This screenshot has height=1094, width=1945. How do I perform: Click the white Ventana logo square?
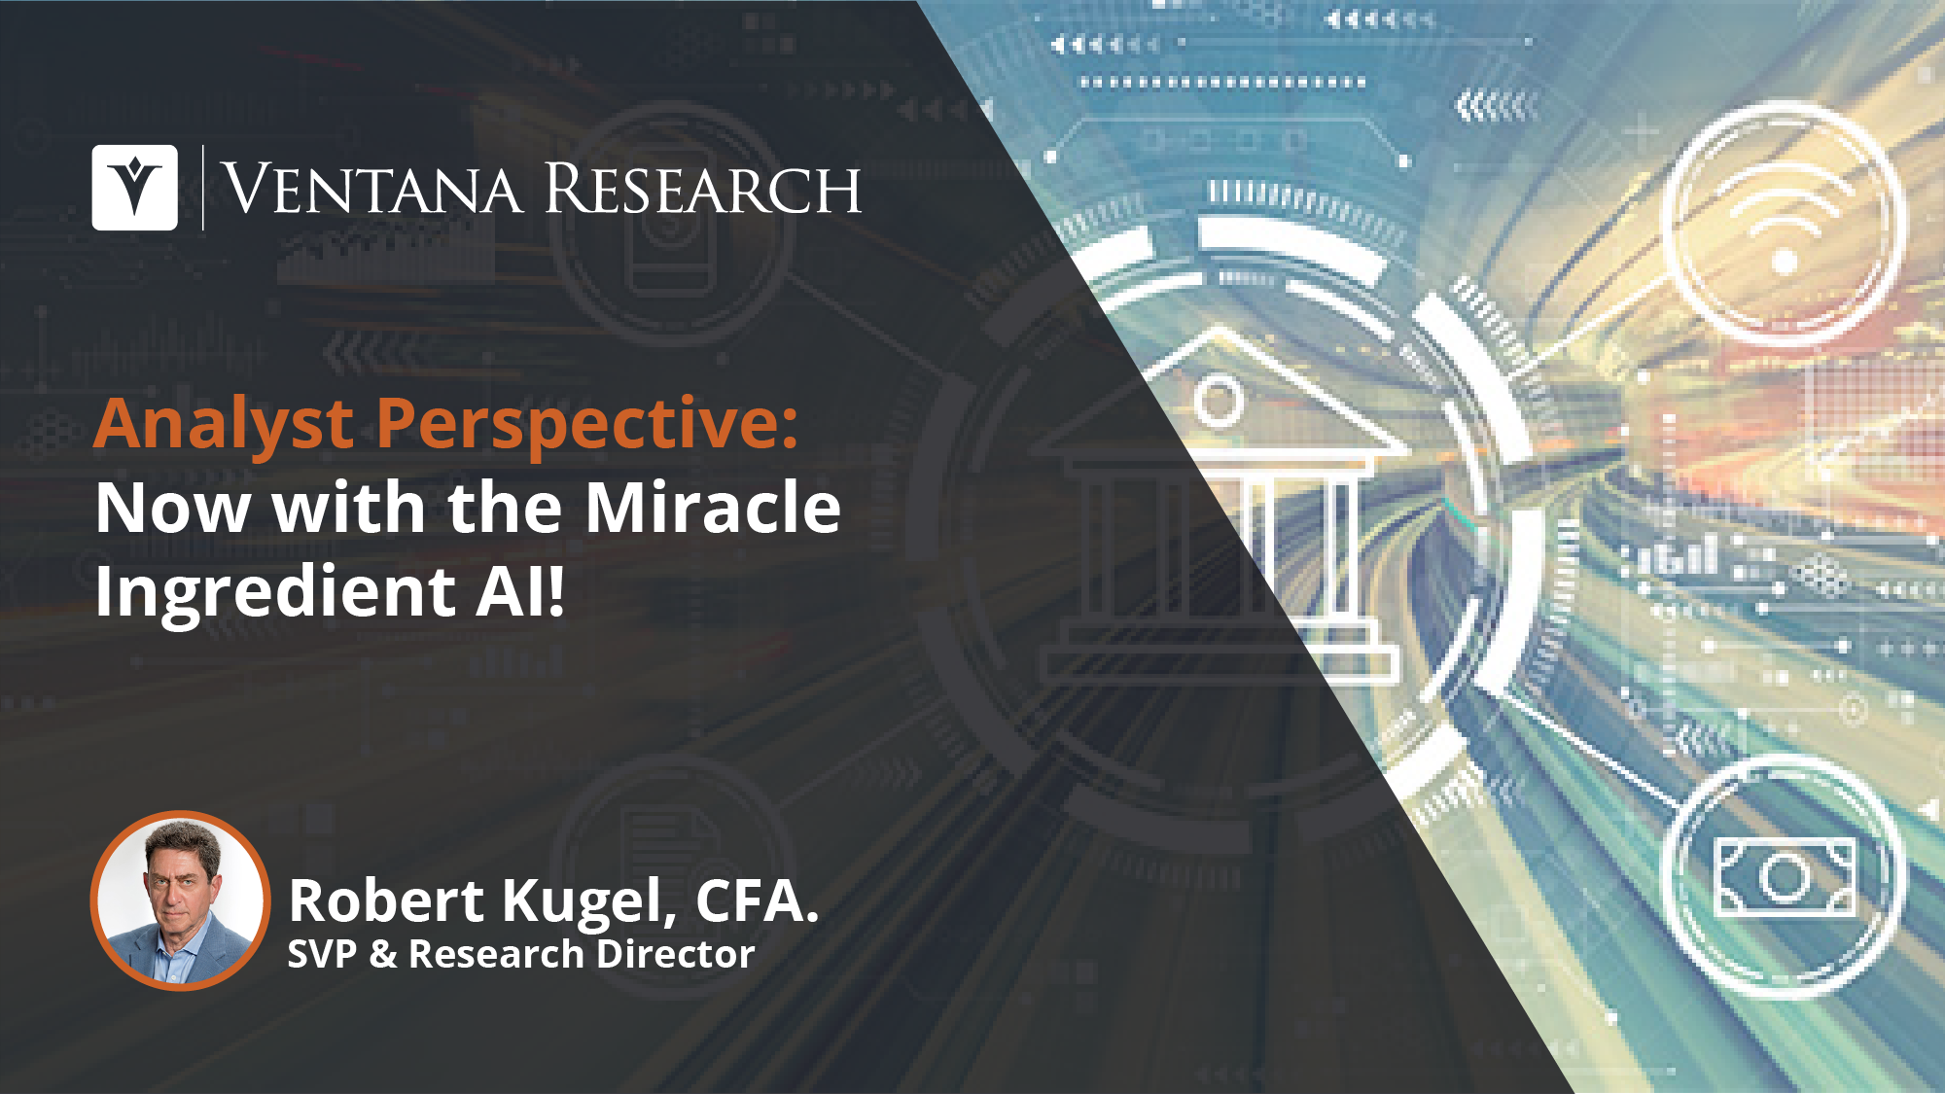click(134, 188)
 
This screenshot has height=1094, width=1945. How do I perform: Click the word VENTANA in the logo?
click(373, 189)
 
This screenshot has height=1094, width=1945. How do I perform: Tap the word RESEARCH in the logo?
click(702, 189)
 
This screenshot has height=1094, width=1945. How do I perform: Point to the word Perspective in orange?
click(587, 425)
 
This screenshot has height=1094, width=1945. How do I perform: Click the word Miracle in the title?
click(713, 508)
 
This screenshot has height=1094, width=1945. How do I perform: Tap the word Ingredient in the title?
click(275, 592)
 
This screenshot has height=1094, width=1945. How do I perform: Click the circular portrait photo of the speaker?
click(180, 900)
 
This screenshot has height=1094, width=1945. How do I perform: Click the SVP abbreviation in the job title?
click(322, 955)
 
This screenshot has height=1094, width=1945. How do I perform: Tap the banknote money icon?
click(1785, 877)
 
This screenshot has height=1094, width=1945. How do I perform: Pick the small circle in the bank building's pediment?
click(1218, 400)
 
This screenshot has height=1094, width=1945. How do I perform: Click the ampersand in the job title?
click(383, 955)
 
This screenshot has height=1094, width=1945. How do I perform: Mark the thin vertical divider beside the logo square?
click(202, 188)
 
